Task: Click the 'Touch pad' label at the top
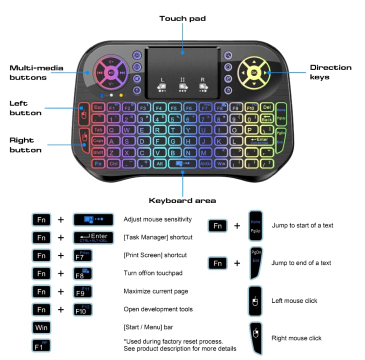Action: [x=182, y=19]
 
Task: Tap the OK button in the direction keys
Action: [x=254, y=72]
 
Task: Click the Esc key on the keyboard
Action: [x=98, y=107]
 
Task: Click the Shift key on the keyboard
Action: [x=98, y=152]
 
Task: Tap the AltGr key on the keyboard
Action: [x=205, y=164]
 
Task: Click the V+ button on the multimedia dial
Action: [x=111, y=62]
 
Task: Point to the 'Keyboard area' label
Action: [x=182, y=201]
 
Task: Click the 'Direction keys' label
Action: [x=330, y=72]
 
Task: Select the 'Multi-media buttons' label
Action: [x=36, y=73]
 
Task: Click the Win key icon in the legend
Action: [x=41, y=327]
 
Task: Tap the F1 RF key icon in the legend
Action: [x=41, y=345]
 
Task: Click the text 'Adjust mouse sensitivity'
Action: [x=157, y=220]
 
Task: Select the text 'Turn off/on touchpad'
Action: [x=153, y=273]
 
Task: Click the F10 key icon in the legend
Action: [x=82, y=310]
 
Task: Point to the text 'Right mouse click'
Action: [x=296, y=338]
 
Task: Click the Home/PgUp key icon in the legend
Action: [x=255, y=226]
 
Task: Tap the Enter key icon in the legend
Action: [x=93, y=238]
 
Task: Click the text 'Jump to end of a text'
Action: [x=301, y=263]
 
